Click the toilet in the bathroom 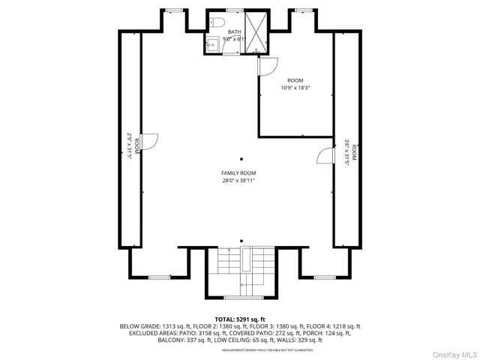click(x=214, y=22)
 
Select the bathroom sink click(x=211, y=45)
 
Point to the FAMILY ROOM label click(x=238, y=173)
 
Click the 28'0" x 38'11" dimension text click(x=238, y=181)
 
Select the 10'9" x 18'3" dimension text click(x=295, y=88)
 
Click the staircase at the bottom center click(x=240, y=266)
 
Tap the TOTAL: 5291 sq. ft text click(x=240, y=319)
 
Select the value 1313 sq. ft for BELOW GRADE click(x=177, y=326)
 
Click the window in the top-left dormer click(x=174, y=10)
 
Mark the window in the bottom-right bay click(x=324, y=277)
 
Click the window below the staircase click(x=240, y=296)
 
